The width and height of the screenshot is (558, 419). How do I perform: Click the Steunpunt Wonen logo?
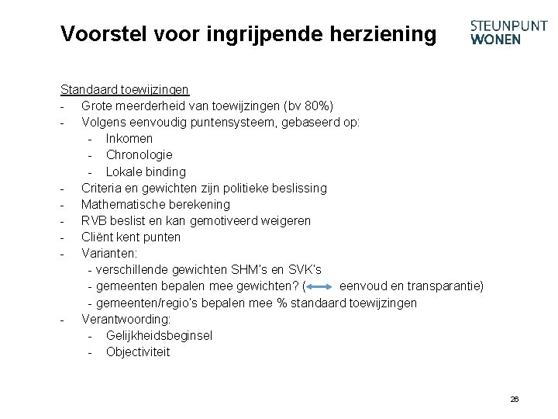click(x=508, y=33)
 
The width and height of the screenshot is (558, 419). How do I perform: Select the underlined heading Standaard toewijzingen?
click(x=125, y=90)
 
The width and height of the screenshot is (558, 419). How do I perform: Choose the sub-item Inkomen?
click(x=129, y=139)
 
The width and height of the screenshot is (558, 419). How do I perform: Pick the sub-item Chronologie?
click(x=139, y=155)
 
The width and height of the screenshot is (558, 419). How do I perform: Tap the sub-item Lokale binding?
click(x=146, y=171)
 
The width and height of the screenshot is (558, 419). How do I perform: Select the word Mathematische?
click(x=122, y=204)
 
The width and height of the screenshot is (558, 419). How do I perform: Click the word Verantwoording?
click(x=126, y=319)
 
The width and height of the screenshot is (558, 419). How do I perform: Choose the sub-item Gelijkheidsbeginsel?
click(x=159, y=335)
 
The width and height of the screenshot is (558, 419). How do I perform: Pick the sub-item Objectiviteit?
click(x=138, y=351)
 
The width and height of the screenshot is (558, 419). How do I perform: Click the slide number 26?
click(x=515, y=399)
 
